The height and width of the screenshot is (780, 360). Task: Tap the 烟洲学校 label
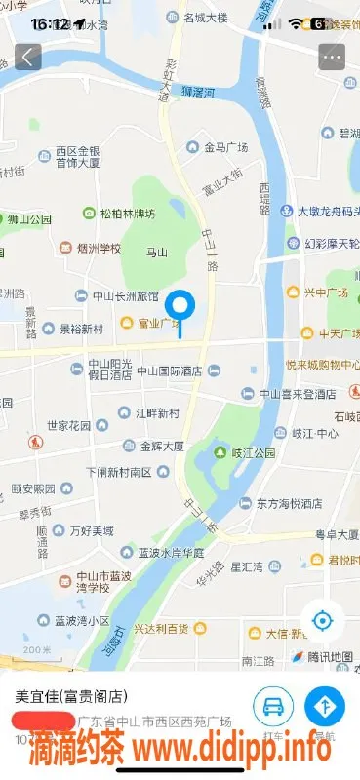coord(98,249)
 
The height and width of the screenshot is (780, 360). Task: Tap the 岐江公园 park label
coord(253,453)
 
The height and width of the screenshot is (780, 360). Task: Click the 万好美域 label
coord(91,531)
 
